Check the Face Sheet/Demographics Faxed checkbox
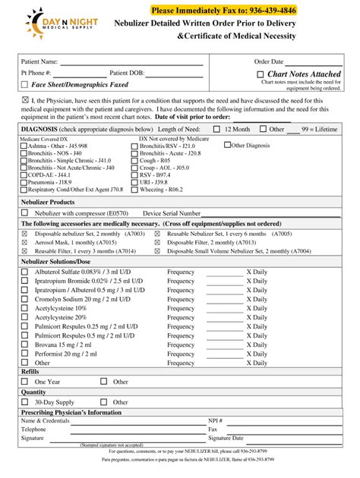(24, 84)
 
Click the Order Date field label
(269, 61)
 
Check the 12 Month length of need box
(216, 130)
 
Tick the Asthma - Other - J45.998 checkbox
(22, 146)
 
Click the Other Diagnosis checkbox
(227, 145)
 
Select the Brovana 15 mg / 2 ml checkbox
(24, 344)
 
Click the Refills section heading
(30, 372)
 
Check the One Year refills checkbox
(24, 382)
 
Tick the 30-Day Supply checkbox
(24, 402)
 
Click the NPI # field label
(216, 420)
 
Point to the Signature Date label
(226, 438)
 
